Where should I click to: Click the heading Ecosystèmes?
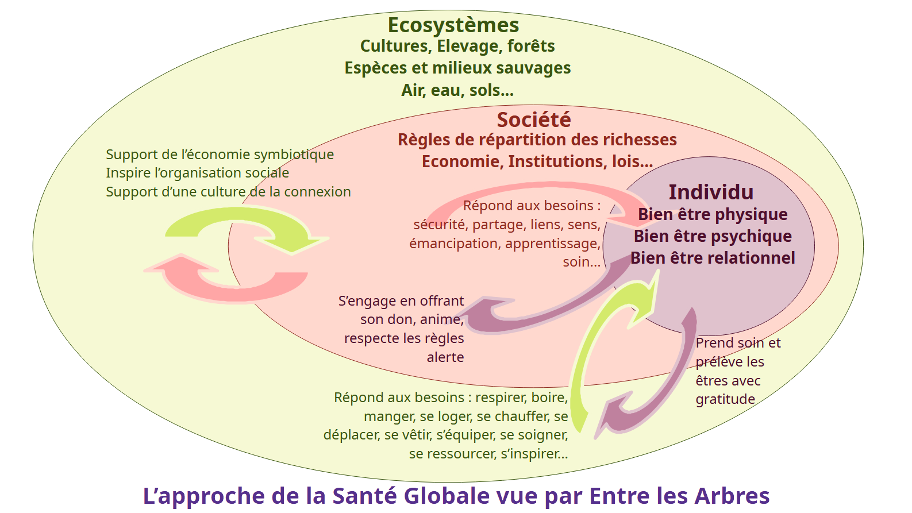(x=453, y=25)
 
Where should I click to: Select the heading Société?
(x=534, y=120)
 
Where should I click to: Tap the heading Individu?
(x=711, y=192)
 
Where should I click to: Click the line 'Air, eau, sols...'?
(x=457, y=90)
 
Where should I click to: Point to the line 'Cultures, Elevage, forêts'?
(x=457, y=46)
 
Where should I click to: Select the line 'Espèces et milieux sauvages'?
(x=457, y=68)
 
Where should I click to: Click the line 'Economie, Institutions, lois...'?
(x=537, y=161)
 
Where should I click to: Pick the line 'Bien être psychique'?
(x=713, y=236)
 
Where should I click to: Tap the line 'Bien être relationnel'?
(x=713, y=258)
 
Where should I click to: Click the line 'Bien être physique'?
(x=713, y=214)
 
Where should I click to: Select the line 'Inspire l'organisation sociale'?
(x=197, y=173)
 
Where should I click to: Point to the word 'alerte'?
(x=445, y=357)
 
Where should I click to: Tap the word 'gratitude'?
(x=725, y=399)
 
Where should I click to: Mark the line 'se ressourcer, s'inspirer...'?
(x=488, y=454)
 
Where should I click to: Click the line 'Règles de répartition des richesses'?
(x=537, y=140)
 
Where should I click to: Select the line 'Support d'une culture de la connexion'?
(x=228, y=192)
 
